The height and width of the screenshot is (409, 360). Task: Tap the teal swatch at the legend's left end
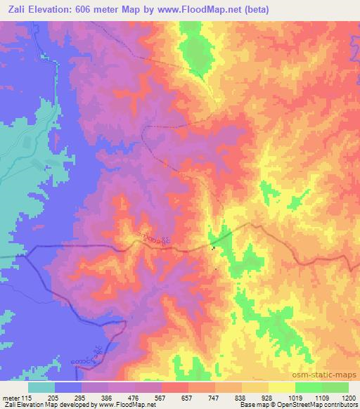click(x=41, y=387)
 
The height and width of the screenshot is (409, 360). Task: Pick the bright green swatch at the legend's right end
click(x=335, y=387)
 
